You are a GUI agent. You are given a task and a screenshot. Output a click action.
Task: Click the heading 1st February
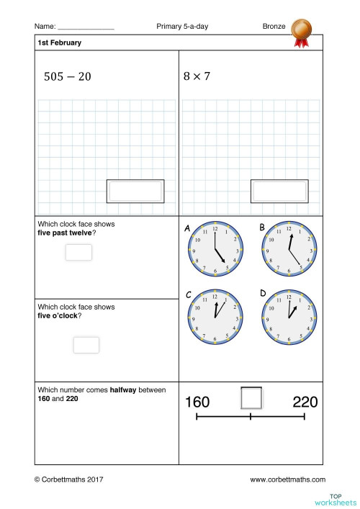[59, 42]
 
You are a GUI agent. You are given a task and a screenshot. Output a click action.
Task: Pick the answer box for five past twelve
[78, 253]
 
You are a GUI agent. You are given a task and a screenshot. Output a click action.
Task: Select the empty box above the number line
[251, 398]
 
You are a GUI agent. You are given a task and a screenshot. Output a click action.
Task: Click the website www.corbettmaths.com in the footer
[287, 479]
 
